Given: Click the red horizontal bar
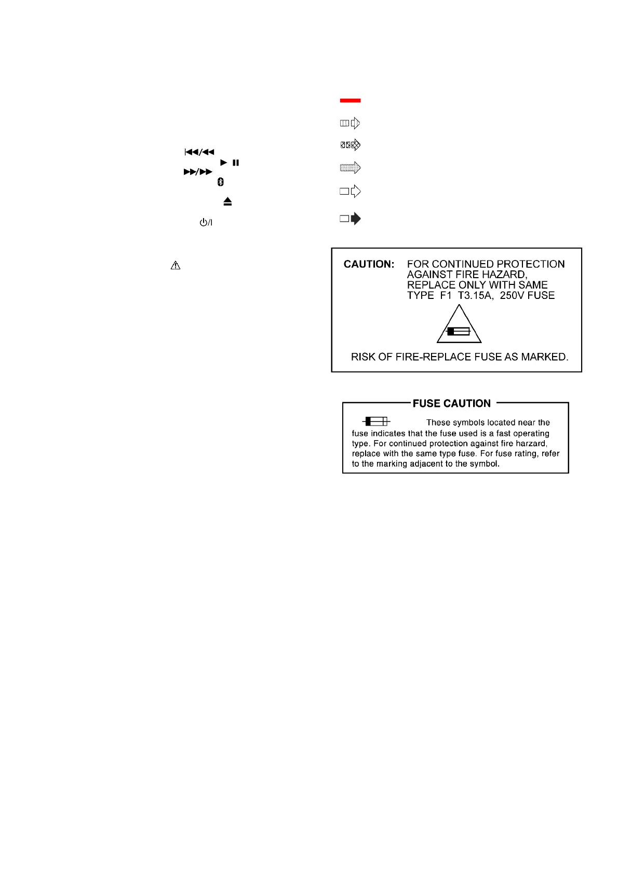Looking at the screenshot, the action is [350, 100].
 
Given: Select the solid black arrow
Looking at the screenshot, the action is [351, 218].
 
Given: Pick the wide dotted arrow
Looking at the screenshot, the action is [350, 168].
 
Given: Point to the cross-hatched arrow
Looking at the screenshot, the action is [350, 145].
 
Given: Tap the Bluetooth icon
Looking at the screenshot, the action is [220, 182].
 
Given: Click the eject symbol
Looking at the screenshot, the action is [227, 201].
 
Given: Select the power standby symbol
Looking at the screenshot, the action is [206, 223].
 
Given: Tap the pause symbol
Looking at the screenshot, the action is [236, 162].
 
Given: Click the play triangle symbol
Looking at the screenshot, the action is [224, 162].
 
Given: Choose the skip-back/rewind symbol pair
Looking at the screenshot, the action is [199, 152].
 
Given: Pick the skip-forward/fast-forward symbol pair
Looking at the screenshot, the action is [198, 172].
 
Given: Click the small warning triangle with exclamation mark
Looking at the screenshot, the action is [176, 266].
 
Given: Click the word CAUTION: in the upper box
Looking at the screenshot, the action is [369, 264].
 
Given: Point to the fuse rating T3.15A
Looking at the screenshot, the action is [475, 295].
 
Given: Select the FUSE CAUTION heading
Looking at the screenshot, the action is [451, 403].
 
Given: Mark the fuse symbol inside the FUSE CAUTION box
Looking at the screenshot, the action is [376, 421].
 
